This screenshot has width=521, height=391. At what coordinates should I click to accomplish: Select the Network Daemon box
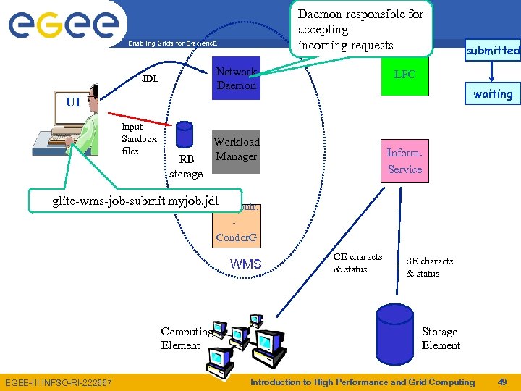(x=236, y=78)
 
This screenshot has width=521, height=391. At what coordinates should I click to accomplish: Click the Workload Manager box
(x=236, y=149)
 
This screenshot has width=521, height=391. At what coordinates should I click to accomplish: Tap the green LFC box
(x=404, y=75)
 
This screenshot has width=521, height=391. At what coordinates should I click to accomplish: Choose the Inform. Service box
(x=404, y=161)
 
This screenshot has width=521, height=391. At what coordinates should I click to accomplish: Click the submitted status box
(x=493, y=50)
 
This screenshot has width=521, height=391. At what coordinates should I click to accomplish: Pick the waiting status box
(x=493, y=94)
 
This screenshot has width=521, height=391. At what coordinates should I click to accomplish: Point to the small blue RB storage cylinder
(x=185, y=135)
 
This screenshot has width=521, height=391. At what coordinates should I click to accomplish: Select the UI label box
(x=73, y=102)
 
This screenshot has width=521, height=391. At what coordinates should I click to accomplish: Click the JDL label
(x=151, y=78)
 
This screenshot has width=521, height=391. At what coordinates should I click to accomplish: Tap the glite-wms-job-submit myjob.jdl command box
(x=135, y=201)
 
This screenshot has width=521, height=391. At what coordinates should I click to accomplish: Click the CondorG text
(x=237, y=237)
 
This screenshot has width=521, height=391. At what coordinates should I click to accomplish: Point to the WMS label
(x=246, y=264)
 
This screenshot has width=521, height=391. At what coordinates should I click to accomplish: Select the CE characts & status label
(x=357, y=263)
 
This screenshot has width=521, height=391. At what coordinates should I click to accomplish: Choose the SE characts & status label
(x=429, y=267)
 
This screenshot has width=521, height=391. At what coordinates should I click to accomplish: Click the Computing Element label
(x=186, y=338)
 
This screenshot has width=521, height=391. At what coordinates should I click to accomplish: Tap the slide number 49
(x=502, y=382)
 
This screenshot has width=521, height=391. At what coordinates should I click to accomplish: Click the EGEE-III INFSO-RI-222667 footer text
(x=58, y=382)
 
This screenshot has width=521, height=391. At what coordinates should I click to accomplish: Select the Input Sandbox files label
(x=138, y=138)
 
